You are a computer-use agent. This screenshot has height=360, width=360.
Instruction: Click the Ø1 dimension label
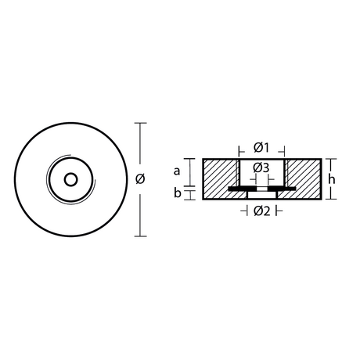(261, 148)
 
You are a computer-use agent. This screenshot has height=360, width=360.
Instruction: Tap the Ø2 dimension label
(262, 211)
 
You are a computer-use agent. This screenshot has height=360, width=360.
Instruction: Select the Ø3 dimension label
(261, 168)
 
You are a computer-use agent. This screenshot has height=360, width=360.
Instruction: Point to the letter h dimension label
(331, 179)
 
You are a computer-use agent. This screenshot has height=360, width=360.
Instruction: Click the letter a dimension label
(177, 171)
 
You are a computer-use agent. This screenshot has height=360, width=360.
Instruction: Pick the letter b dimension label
(178, 193)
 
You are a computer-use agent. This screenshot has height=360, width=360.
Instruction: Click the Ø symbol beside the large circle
(140, 179)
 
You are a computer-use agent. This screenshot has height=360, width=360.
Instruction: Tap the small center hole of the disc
(70, 179)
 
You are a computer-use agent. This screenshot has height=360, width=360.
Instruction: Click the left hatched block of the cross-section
(221, 179)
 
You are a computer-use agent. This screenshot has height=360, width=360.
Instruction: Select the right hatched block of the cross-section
(304, 179)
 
